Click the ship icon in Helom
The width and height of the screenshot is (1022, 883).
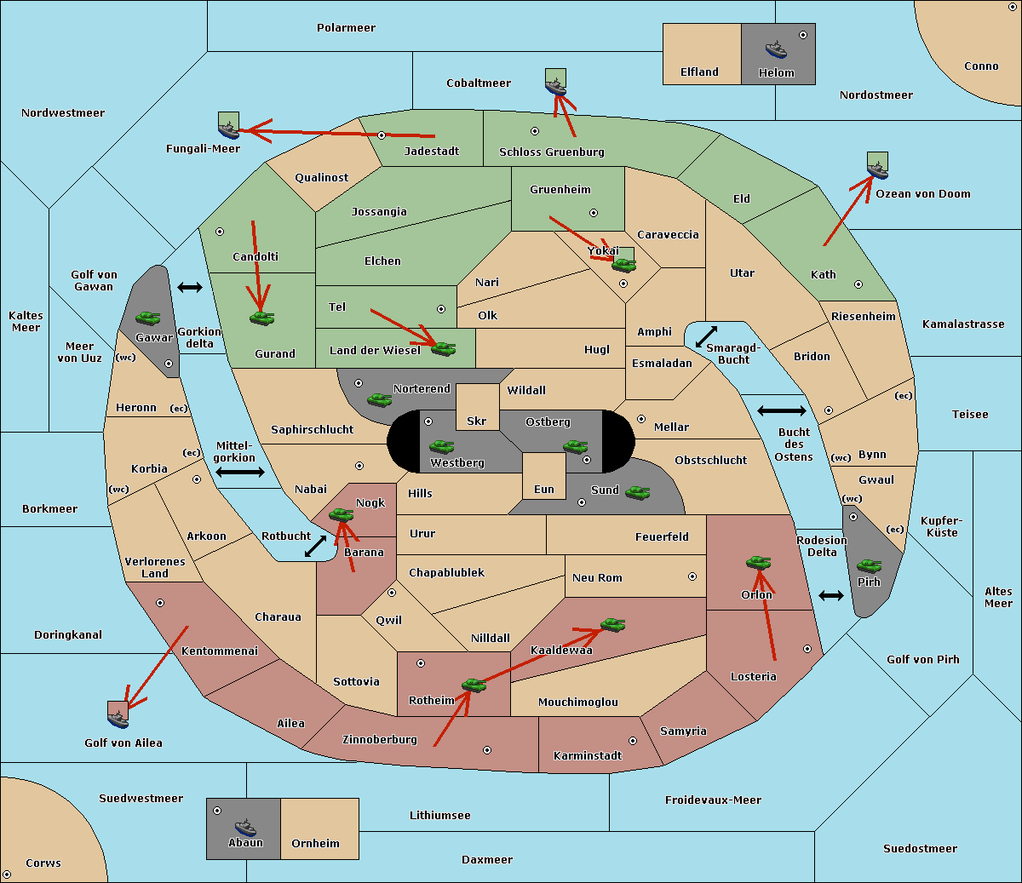(x=776, y=49)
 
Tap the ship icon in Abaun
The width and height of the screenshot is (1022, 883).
(x=245, y=827)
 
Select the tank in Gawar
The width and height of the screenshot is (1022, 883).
(x=148, y=318)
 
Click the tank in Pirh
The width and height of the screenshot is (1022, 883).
(x=869, y=565)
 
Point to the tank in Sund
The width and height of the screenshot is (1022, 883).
(x=637, y=493)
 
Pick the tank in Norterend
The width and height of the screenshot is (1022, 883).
(x=379, y=400)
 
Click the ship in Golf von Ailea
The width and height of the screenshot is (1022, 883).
(x=118, y=719)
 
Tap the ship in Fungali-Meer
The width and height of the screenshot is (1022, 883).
(x=228, y=129)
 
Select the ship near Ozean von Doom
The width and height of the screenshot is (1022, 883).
(x=877, y=170)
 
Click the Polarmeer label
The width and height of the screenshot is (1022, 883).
(x=346, y=28)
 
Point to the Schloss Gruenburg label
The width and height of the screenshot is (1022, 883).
(x=552, y=152)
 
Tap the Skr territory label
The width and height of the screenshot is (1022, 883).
(x=477, y=421)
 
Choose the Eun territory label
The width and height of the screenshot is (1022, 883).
(x=544, y=489)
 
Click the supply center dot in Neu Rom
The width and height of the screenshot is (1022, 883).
(x=692, y=576)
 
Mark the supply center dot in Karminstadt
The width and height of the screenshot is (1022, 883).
(x=633, y=741)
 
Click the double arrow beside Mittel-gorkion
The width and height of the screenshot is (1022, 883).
(x=240, y=472)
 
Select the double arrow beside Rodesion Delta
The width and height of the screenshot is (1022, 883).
(x=831, y=596)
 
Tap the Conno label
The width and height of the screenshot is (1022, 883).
(x=981, y=66)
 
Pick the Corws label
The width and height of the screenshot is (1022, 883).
(x=43, y=863)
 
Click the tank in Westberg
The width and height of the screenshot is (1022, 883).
(x=441, y=446)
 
